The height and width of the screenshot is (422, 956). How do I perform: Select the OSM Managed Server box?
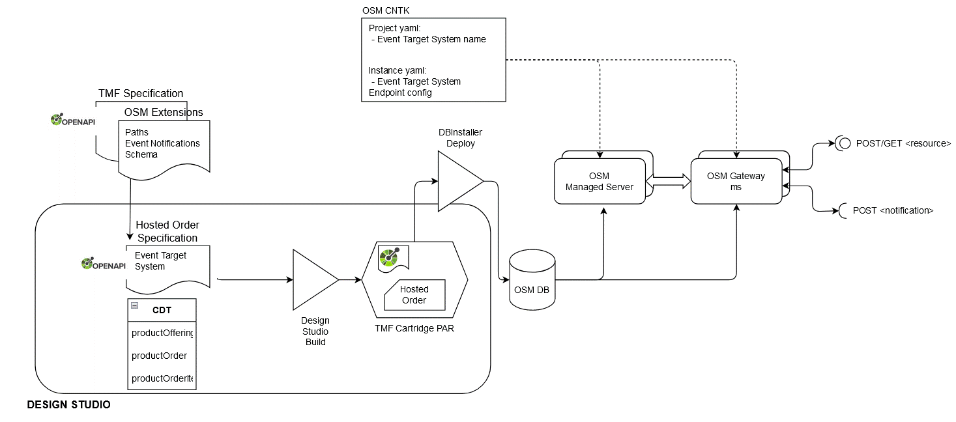tap(600, 182)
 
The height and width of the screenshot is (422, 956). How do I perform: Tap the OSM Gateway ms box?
tap(736, 181)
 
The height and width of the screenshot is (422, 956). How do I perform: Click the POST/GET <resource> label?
tap(903, 143)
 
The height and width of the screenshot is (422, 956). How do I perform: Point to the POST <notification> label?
tap(893, 210)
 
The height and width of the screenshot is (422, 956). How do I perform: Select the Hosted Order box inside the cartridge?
tap(414, 294)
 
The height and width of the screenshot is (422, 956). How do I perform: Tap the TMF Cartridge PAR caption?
tap(414, 328)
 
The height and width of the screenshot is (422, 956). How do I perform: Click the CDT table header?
tap(162, 310)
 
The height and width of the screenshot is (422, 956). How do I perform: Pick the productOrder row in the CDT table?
tap(159, 356)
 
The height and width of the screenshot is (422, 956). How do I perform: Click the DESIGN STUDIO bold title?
tap(68, 405)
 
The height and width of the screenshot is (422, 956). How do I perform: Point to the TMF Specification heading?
tap(140, 94)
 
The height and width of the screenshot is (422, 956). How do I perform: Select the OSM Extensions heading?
tap(164, 112)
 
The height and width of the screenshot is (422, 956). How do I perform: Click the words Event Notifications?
tap(162, 143)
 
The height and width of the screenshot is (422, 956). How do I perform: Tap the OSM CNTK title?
tap(386, 11)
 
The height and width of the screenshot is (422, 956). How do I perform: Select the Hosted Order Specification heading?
tap(167, 231)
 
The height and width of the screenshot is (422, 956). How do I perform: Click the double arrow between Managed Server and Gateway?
tap(668, 181)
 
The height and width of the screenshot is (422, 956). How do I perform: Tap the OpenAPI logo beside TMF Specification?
tap(74, 120)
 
